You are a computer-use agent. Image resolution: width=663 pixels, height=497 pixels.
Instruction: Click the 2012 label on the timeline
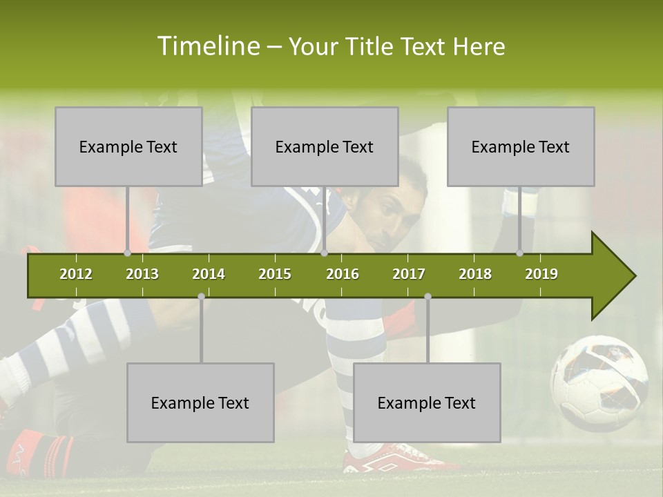pos(76,274)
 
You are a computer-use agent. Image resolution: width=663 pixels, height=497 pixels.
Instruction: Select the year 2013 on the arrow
pos(142,274)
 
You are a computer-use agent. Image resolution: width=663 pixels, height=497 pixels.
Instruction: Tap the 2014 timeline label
pos(209,274)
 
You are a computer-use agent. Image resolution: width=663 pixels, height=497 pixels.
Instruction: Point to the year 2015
pos(275,274)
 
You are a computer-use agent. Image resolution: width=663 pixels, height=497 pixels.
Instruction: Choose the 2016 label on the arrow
pos(343,274)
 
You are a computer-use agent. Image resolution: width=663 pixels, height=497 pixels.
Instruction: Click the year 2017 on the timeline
pos(409,274)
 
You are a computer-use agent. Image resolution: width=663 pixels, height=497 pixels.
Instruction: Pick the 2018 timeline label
pos(475,274)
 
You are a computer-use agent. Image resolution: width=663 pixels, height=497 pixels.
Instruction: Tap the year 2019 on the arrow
pos(541,274)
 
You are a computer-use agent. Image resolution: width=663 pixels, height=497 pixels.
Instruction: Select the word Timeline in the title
pos(207,46)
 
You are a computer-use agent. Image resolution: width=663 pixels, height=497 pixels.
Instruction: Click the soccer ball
pos(599,382)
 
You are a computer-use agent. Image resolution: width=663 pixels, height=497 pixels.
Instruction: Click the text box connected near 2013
pos(128,146)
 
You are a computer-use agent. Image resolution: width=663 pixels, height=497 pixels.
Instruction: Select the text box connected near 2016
pos(325,146)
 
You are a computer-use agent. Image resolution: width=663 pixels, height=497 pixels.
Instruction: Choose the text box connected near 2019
pos(521,146)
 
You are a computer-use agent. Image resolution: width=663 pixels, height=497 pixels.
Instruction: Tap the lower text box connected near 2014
pos(200,402)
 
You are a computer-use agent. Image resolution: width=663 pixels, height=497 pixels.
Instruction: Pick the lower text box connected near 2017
pos(427,402)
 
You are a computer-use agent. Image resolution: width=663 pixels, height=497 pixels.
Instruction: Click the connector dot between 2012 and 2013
pos(127,253)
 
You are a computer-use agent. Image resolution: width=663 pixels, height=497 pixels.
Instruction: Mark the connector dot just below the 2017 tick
pos(427,296)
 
